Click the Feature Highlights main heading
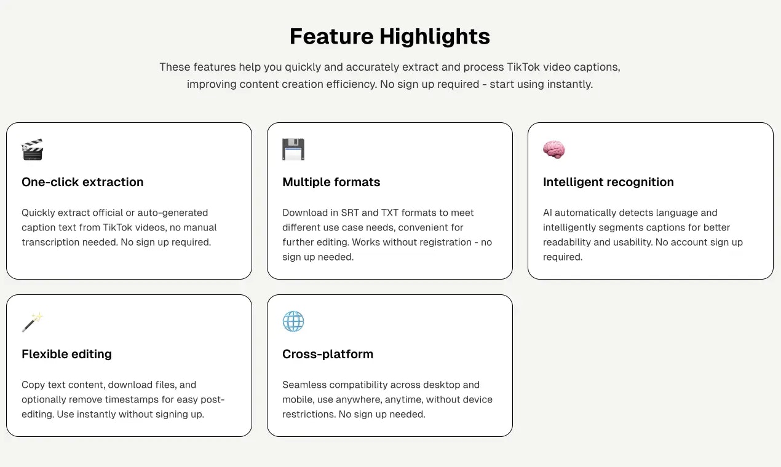[x=390, y=36]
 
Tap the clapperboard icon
[x=33, y=149]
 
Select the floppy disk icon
[x=293, y=149]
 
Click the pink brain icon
[x=553, y=149]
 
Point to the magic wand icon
[x=33, y=321]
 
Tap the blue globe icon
[x=293, y=321]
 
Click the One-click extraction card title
[x=82, y=182]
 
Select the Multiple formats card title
[x=331, y=182]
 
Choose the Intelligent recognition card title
[x=608, y=182]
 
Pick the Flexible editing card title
[x=66, y=354]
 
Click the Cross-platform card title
[x=328, y=354]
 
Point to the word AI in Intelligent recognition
[x=547, y=213]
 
